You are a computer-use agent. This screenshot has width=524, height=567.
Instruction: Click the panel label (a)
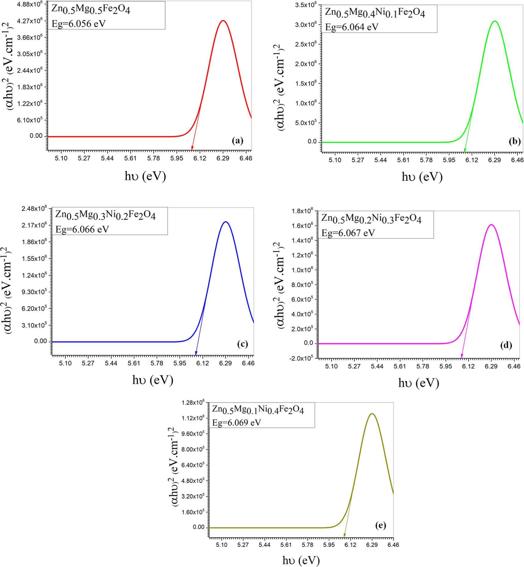(238, 141)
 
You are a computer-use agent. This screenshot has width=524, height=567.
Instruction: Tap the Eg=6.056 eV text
(78, 24)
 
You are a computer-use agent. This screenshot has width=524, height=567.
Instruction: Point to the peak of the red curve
(223, 21)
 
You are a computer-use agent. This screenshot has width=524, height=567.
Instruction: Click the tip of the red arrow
(192, 150)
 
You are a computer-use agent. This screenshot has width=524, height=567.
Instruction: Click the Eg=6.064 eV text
(352, 27)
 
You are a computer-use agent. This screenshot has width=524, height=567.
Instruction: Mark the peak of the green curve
(494, 21)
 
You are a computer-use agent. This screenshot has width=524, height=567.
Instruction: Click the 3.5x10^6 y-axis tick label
(306, 5)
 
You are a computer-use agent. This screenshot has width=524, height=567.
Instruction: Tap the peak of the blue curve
(226, 222)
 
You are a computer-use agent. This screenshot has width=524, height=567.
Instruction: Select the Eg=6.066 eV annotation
(82, 229)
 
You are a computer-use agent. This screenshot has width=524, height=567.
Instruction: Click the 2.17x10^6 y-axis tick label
(34, 225)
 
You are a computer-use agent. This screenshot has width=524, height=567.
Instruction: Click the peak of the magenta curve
(491, 225)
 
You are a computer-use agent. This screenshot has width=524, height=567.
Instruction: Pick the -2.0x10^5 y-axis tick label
(300, 358)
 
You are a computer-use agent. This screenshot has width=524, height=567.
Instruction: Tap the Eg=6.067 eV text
(348, 233)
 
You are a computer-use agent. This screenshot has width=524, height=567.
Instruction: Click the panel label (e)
(380, 525)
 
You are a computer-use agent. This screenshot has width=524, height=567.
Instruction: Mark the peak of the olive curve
(372, 414)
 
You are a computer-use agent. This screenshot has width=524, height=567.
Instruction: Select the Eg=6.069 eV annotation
(237, 423)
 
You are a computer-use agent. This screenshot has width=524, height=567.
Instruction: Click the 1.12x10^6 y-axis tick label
(193, 418)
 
